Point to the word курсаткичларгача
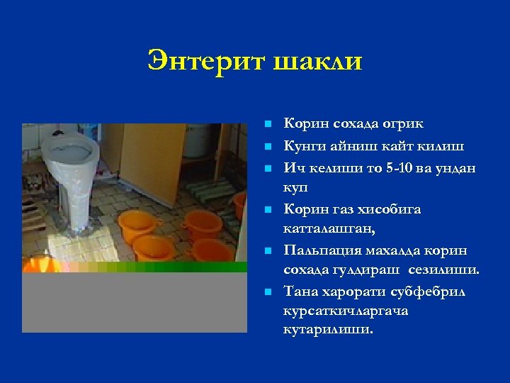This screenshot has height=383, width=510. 345,311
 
